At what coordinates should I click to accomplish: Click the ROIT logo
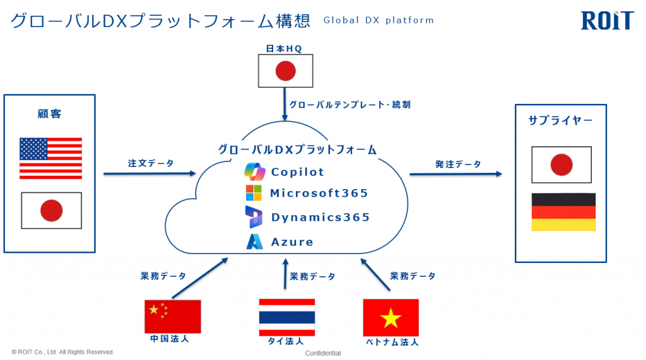click(607, 21)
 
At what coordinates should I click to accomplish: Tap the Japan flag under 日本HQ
click(286, 71)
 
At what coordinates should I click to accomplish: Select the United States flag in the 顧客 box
click(50, 158)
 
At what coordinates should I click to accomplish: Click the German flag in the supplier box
click(563, 212)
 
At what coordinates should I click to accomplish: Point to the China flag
click(173, 316)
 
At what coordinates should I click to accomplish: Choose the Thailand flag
click(287, 317)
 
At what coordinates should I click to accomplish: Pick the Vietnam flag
click(391, 318)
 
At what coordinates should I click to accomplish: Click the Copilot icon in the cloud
click(255, 171)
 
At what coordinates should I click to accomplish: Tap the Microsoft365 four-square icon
click(254, 193)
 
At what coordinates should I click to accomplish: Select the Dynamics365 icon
click(254, 217)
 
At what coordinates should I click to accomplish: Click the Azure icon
click(255, 241)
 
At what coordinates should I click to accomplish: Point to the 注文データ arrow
click(150, 173)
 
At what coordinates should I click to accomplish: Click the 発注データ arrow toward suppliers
click(455, 174)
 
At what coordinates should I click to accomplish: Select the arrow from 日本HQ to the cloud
click(285, 104)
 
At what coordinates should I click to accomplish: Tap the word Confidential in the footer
click(323, 353)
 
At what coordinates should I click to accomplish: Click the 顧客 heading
click(49, 113)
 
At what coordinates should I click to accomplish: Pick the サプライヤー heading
click(560, 120)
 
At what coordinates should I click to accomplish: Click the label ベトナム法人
click(392, 342)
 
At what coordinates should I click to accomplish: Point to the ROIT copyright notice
click(62, 352)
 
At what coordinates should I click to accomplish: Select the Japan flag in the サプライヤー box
click(561, 165)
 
